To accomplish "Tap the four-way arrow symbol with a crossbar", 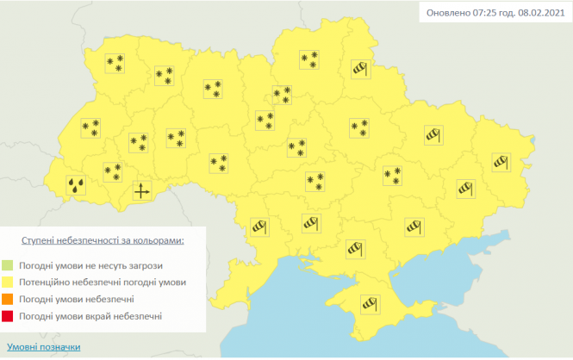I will (142, 191).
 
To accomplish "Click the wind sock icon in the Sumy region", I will (360, 69).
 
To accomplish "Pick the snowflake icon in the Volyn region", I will (114, 63).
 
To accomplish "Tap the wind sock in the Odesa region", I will (259, 227).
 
